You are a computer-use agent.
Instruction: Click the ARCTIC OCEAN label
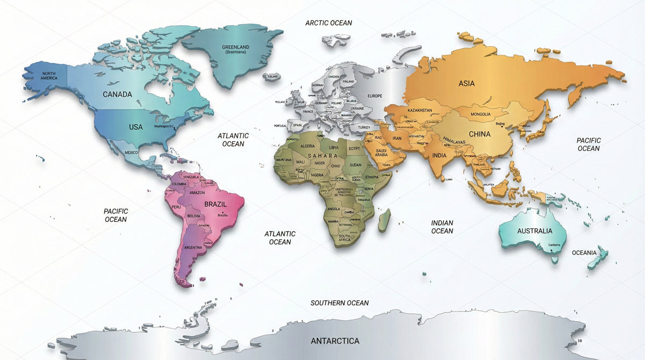(x=328, y=23)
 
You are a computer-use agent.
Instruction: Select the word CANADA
(x=117, y=95)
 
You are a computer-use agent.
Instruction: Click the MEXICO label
(x=132, y=153)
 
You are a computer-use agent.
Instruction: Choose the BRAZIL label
(x=216, y=204)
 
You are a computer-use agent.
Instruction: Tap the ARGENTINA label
(x=193, y=247)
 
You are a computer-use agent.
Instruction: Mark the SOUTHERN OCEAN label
(x=339, y=303)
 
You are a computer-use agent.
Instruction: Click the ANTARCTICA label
(x=335, y=341)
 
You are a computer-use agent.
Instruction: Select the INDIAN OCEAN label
(x=442, y=227)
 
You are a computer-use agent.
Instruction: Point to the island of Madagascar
(x=384, y=220)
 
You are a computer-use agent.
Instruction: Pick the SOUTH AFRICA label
(x=344, y=238)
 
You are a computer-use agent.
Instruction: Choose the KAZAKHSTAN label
(x=420, y=110)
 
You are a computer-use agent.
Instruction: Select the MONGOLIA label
(x=480, y=114)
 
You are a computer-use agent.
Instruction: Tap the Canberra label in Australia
(x=554, y=245)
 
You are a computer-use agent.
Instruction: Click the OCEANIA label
(x=584, y=253)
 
